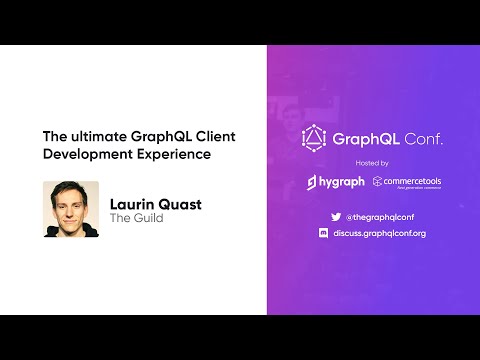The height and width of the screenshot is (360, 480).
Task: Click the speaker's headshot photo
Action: coord(70,209)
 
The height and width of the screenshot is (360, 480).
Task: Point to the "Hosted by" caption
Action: coord(372,162)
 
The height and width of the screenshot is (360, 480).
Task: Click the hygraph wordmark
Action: coord(340,182)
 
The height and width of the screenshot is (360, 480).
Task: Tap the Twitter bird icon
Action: coord(335,216)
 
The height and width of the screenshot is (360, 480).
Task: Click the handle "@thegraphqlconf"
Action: coord(381,216)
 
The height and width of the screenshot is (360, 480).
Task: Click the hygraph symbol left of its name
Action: coord(312,182)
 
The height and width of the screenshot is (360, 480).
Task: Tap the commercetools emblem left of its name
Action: coord(377,182)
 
